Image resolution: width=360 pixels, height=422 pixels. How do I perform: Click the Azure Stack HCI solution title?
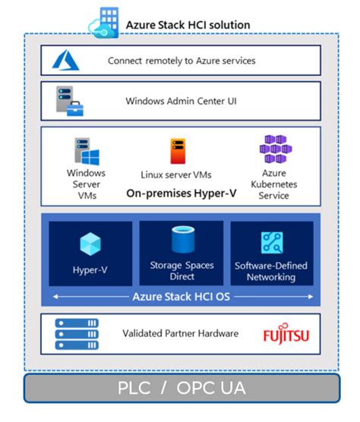pyautogui.click(x=187, y=24)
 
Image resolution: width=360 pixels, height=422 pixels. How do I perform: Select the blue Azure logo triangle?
pyautogui.click(x=65, y=60)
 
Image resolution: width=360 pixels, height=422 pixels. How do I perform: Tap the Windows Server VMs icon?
pyautogui.click(x=86, y=153)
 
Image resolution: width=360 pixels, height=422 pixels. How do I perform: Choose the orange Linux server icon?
pyautogui.click(x=178, y=151)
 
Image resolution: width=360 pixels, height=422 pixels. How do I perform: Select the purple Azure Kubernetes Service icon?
pyautogui.click(x=272, y=150)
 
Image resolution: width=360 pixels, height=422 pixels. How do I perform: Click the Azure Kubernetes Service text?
pyautogui.click(x=273, y=184)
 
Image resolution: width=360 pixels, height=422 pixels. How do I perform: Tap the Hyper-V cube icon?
pyautogui.click(x=90, y=244)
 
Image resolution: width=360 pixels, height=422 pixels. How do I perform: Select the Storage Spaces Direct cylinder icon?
pyautogui.click(x=181, y=240)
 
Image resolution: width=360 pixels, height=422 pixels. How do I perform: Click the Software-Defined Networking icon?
pyautogui.click(x=272, y=243)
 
